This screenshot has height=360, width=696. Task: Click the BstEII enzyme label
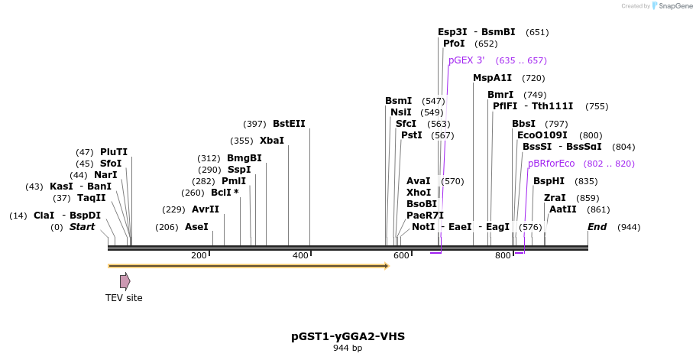(x=289, y=124)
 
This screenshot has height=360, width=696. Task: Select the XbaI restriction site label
(x=271, y=141)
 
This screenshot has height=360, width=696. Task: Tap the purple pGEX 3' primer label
(x=466, y=60)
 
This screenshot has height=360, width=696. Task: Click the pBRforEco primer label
(x=551, y=164)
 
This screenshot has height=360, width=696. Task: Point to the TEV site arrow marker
(x=125, y=281)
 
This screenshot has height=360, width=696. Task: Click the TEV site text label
(x=124, y=298)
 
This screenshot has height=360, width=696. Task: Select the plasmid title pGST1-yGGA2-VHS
(x=348, y=336)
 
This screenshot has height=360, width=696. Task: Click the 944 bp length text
(x=348, y=349)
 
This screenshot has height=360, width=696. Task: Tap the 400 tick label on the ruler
(x=300, y=255)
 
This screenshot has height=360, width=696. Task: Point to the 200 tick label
(x=199, y=255)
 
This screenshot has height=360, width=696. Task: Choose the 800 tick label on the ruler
(x=503, y=255)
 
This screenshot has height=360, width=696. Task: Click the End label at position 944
(x=597, y=227)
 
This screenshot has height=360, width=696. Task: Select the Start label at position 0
(x=82, y=227)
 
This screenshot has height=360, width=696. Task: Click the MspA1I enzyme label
(x=492, y=78)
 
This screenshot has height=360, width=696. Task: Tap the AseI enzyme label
(x=196, y=227)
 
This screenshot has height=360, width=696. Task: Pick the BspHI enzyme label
(x=549, y=181)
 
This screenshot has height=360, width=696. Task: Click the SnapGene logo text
(x=672, y=6)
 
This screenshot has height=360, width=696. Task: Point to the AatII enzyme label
(x=563, y=209)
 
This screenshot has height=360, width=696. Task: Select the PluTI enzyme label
(x=114, y=152)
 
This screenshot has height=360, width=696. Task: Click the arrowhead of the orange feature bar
(x=387, y=266)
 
